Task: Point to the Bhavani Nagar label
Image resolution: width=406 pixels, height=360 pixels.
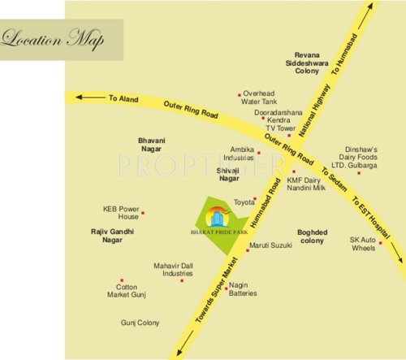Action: pos(151,145)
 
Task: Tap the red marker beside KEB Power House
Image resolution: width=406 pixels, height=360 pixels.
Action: pos(143,213)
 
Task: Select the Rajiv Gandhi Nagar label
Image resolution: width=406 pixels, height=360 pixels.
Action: pos(112,236)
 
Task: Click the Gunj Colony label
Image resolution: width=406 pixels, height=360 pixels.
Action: pos(140,323)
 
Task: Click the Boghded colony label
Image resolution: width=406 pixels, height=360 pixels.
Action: pos(312,236)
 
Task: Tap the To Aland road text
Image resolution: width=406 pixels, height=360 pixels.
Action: pos(124,98)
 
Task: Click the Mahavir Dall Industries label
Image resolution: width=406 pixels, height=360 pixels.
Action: pos(172,270)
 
